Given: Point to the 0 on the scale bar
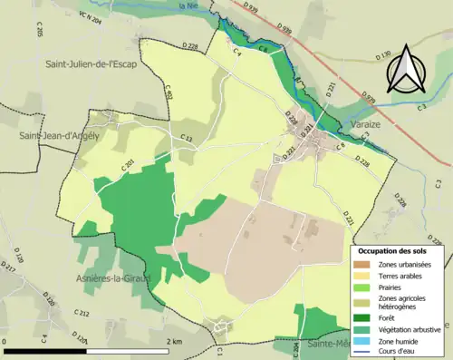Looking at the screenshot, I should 5,341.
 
